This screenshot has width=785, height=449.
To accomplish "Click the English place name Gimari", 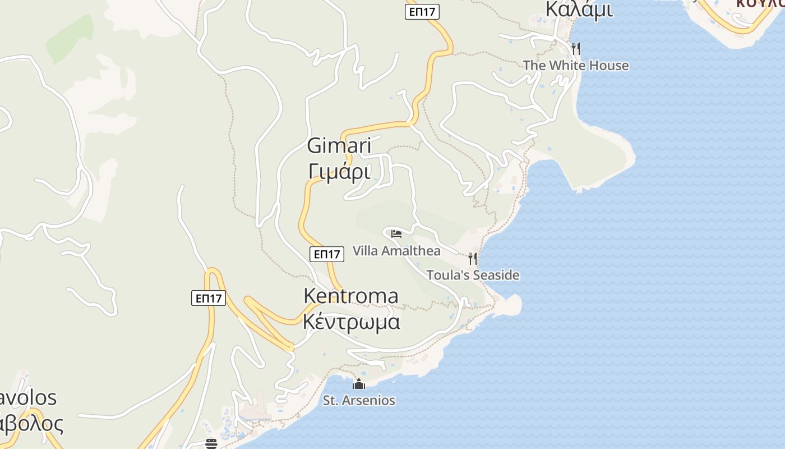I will pyautogui.click(x=339, y=146).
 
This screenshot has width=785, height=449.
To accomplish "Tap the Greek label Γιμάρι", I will pyautogui.click(x=339, y=171).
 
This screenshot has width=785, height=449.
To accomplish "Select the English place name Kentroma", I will pyautogui.click(x=351, y=296).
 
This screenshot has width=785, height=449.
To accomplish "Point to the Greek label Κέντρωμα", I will pyautogui.click(x=352, y=322).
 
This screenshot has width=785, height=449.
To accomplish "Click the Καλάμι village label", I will pyautogui.click(x=579, y=10).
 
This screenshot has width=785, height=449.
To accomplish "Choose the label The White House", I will pyautogui.click(x=576, y=66).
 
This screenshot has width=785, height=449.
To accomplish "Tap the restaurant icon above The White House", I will pyautogui.click(x=576, y=49).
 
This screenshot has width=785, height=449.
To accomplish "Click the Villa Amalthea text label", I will pyautogui.click(x=396, y=251).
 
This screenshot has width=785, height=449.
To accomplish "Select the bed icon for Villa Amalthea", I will pyautogui.click(x=396, y=234).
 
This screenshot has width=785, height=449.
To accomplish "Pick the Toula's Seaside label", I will pyautogui.click(x=473, y=276).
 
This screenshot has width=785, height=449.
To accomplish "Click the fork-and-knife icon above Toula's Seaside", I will pyautogui.click(x=473, y=259).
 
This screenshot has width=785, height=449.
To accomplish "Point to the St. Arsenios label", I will pyautogui.click(x=359, y=401).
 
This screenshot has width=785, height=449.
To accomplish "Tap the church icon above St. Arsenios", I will pyautogui.click(x=359, y=384).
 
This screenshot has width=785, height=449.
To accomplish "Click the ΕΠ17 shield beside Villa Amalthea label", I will pyautogui.click(x=326, y=254).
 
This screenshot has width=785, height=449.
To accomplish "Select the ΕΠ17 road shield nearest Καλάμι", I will pyautogui.click(x=422, y=12).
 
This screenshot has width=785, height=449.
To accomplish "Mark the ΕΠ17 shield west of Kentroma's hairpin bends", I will pyautogui.click(x=209, y=298).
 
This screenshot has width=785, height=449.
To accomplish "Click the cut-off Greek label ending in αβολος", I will pyautogui.click(x=31, y=424).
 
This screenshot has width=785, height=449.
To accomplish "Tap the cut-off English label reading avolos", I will pyautogui.click(x=28, y=398).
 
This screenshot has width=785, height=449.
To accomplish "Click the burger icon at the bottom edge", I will pyautogui.click(x=211, y=444).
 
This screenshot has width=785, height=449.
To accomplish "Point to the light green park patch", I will pyautogui.click(x=70, y=38).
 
